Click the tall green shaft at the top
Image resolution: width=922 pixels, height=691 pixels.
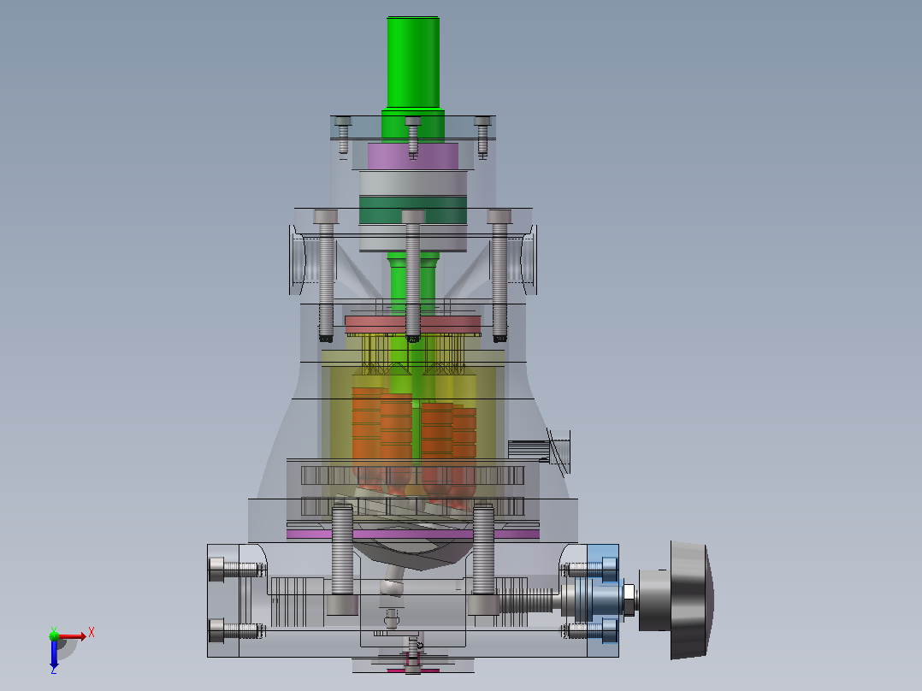tap(413, 63)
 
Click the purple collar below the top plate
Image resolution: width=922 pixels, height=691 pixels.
tap(413, 157)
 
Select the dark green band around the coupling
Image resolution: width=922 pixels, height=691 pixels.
tap(413, 210)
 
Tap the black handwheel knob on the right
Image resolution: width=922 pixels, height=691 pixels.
tap(691, 599)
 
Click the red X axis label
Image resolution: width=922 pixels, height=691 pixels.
tap(92, 633)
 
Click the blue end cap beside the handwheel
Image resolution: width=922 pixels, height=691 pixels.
tap(603, 599)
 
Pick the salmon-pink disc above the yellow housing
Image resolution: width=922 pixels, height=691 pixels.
tap(413, 325)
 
